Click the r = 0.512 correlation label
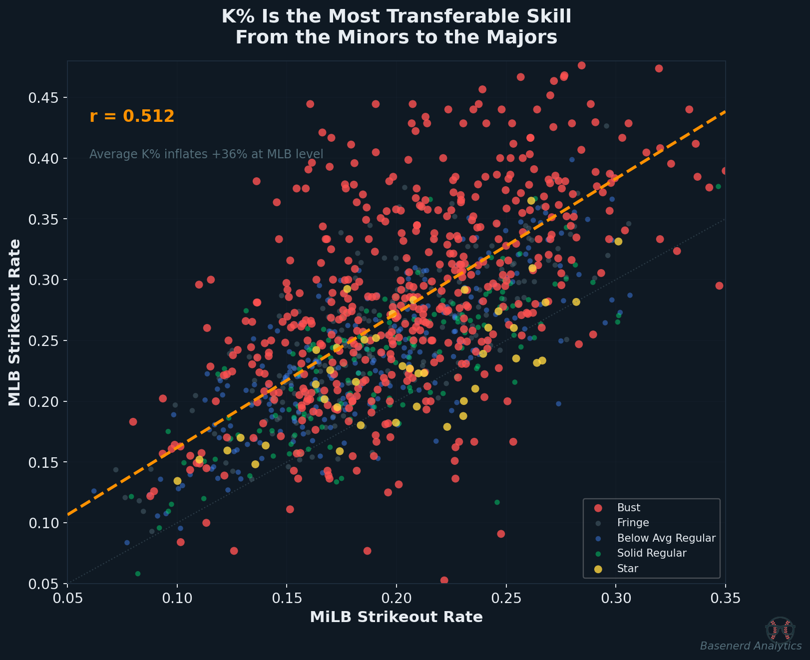tap(132, 116)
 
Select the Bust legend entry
tap(628, 508)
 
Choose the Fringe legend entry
tap(633, 523)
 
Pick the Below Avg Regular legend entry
tap(666, 538)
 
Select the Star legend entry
tap(627, 569)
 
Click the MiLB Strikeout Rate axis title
tap(396, 617)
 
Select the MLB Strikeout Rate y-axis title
tap(14, 322)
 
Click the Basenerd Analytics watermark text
tap(751, 646)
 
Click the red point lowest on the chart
tap(444, 580)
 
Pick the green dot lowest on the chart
tap(138, 574)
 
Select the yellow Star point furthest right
tap(618, 242)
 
